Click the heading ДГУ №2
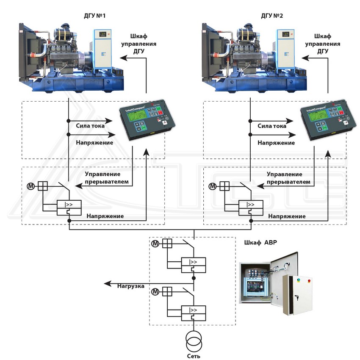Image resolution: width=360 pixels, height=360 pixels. point(272,16)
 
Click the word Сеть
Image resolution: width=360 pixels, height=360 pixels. point(193,356)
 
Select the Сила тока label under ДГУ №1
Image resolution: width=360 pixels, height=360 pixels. point(90,125)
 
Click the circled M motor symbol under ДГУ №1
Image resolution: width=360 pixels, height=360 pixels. point(32,186)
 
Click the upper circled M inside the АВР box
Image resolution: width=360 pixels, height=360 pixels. point(155,243)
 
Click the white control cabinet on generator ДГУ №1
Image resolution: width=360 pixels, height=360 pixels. point(102,49)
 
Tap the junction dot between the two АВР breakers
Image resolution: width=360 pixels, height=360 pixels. point(194,278)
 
